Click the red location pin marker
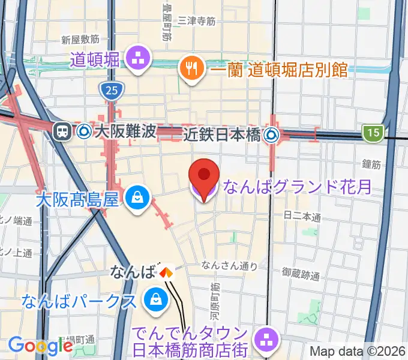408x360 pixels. tap(203, 175)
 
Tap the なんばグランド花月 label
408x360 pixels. tap(296, 188)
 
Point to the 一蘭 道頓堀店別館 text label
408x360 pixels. tap(280, 70)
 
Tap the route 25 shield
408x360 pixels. tap(110, 91)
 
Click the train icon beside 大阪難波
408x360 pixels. tap(62, 132)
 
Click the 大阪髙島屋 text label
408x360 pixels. tap(77, 199)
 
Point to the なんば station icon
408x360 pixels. tap(166, 272)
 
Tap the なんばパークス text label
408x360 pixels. tap(80, 301)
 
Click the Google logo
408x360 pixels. tap(40, 346)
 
